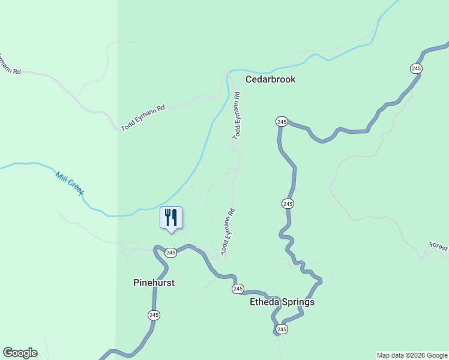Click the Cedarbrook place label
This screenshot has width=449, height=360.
[270, 79]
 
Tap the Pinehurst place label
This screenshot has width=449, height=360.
[154, 283]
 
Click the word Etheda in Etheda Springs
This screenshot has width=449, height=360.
[265, 302]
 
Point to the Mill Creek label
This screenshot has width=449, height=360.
[69, 183]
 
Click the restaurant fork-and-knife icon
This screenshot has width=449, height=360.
[171, 217]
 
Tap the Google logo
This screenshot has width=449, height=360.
[20, 353]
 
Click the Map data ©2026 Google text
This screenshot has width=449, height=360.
[412, 355]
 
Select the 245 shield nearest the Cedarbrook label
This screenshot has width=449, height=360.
[282, 122]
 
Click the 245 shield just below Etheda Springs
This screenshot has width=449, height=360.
[282, 329]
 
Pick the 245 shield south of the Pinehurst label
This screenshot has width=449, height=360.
[154, 315]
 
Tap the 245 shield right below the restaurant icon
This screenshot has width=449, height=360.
[171, 253]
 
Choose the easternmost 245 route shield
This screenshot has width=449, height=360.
[416, 68]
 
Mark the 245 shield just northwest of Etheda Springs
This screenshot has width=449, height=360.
[238, 289]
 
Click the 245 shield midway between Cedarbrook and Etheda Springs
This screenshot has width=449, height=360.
[288, 204]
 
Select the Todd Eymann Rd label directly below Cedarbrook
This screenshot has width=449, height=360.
[237, 115]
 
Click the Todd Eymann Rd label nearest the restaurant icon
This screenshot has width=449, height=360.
[226, 231]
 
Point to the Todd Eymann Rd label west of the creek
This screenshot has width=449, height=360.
[143, 118]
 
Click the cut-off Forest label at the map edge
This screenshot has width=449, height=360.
[439, 247]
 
